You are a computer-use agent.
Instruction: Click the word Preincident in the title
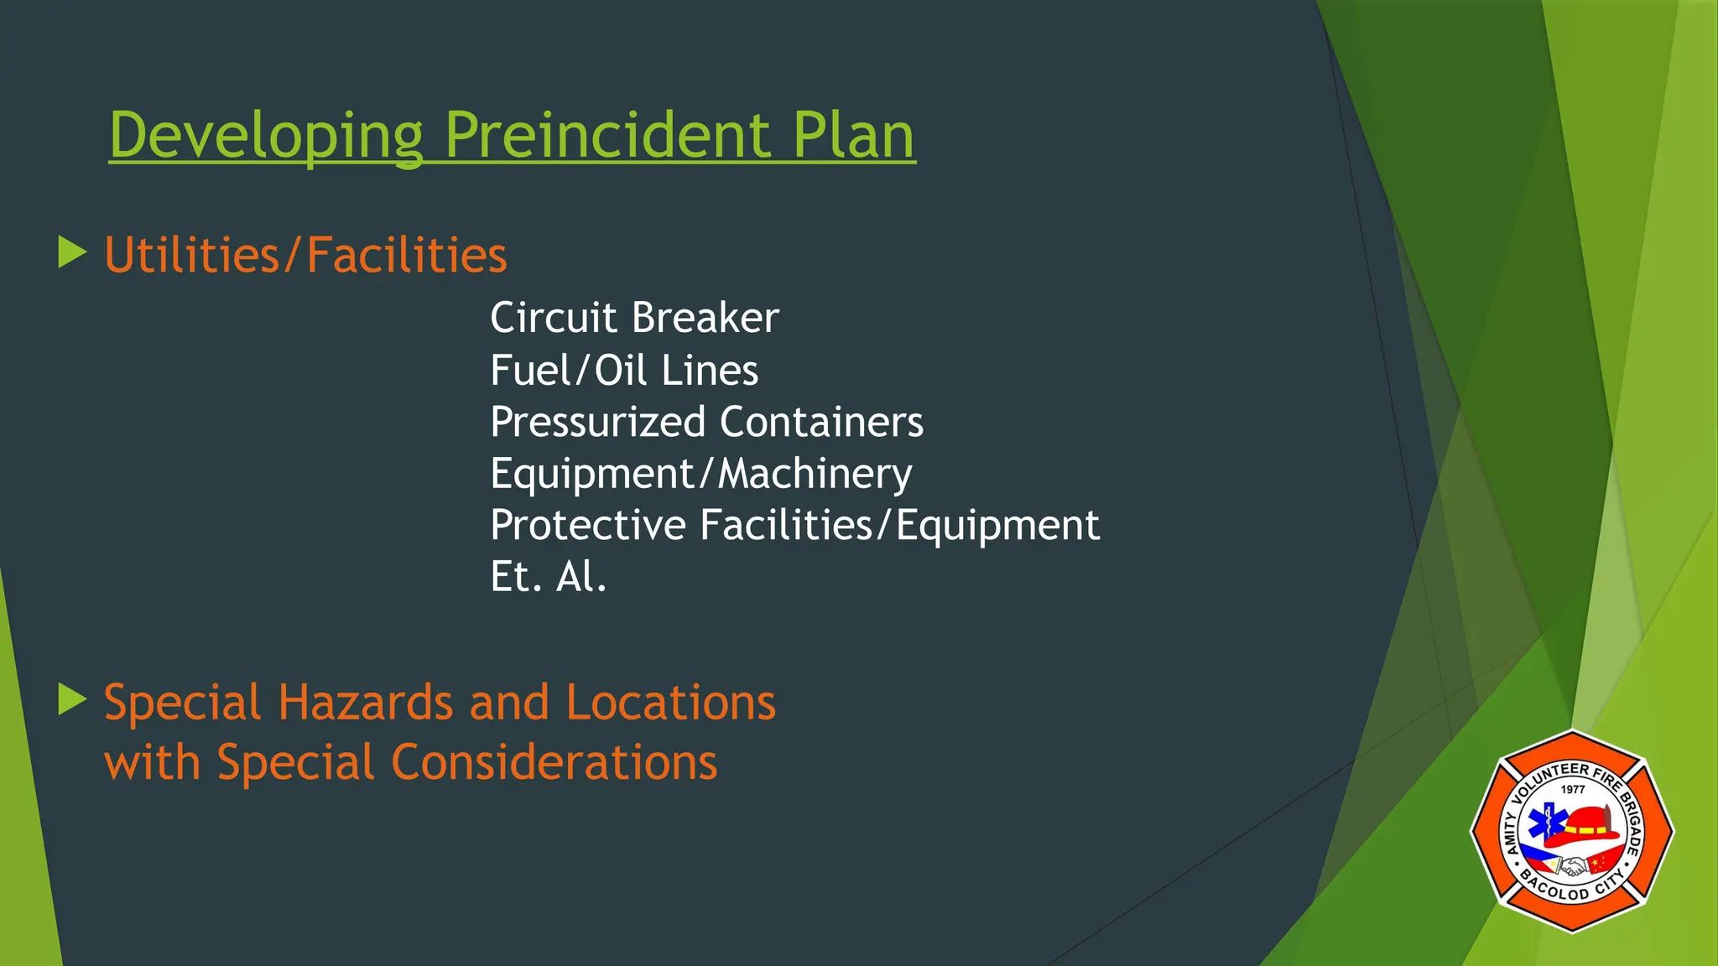click(607, 136)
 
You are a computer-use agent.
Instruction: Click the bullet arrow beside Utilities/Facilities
click(73, 252)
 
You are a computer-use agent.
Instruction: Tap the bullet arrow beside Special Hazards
click(73, 699)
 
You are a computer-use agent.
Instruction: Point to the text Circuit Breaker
click(634, 318)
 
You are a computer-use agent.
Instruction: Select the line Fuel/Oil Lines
click(624, 371)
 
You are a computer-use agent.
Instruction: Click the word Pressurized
click(597, 422)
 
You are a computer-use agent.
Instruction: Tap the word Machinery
click(815, 474)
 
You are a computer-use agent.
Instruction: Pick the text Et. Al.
click(548, 577)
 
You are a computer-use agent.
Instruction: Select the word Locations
click(670, 702)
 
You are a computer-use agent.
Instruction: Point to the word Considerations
click(554, 762)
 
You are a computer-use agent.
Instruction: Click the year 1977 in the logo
click(1573, 789)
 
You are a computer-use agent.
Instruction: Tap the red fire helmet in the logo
click(1580, 826)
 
